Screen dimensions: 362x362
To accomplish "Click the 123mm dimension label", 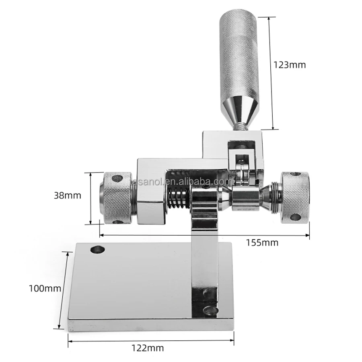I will click(x=289, y=64).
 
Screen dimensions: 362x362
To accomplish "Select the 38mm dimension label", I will click(x=67, y=196).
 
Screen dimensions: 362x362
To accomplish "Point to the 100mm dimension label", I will click(x=45, y=288).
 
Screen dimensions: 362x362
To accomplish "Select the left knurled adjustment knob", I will click(x=117, y=198).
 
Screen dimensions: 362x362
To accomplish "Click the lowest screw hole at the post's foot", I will click(x=208, y=310).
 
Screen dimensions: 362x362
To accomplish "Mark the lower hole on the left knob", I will click(x=117, y=222).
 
